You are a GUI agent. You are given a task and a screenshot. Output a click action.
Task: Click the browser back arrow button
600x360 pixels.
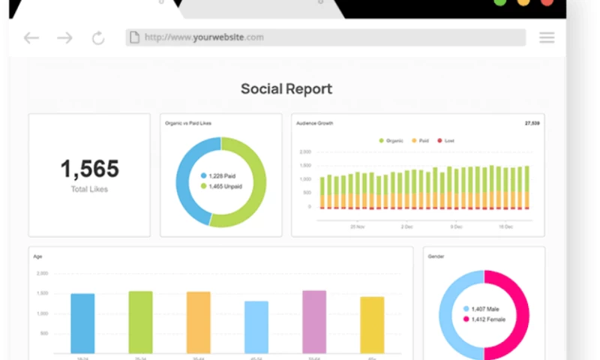(x=31, y=37)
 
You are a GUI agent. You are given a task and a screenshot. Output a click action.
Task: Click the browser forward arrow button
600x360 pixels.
(x=65, y=37)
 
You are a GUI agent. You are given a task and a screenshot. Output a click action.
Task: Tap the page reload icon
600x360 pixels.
(x=98, y=37)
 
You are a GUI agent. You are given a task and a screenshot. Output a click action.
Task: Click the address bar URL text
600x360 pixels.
(x=203, y=37)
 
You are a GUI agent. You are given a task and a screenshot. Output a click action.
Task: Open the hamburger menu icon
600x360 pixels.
(x=547, y=37)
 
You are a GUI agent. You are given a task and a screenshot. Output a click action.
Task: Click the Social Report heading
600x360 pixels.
(x=286, y=88)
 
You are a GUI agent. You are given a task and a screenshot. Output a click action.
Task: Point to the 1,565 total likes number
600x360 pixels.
(x=89, y=169)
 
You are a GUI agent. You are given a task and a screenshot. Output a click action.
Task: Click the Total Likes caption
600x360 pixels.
(x=89, y=189)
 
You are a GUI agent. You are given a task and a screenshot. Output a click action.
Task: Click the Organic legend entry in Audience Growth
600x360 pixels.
(x=391, y=140)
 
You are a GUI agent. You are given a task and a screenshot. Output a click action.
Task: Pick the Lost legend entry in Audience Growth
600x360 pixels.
(x=445, y=140)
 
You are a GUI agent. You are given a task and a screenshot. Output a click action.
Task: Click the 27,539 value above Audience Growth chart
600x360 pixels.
(x=532, y=123)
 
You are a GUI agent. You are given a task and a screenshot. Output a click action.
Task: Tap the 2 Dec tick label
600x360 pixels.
(x=406, y=226)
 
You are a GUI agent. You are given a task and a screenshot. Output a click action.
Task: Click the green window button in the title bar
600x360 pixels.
(x=499, y=2)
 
